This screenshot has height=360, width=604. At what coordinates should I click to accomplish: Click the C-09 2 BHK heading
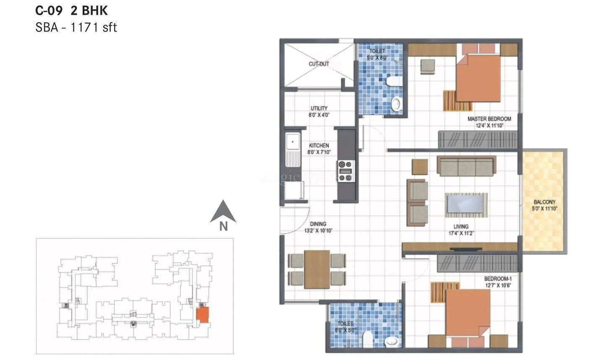pyautogui.click(x=71, y=10)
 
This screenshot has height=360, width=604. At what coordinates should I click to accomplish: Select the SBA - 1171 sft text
pyautogui.click(x=76, y=28)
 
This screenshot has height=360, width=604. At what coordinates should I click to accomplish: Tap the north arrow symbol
pyautogui.click(x=223, y=212)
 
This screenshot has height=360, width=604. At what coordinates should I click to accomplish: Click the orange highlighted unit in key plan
pyautogui.click(x=203, y=314)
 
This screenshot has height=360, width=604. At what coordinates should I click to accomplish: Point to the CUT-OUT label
pyautogui.click(x=319, y=64)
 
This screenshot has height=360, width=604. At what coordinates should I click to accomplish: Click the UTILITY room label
pyautogui.click(x=319, y=108)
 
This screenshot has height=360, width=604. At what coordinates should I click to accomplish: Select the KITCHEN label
pyautogui.click(x=319, y=146)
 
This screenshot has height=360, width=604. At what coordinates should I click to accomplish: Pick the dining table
pyautogui.click(x=317, y=269)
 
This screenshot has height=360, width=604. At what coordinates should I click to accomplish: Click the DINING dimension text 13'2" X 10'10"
pyautogui.click(x=318, y=231)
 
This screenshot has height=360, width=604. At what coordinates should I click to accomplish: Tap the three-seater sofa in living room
pyautogui.click(x=466, y=166)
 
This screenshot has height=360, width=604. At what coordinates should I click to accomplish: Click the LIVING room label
pyautogui.click(x=461, y=227)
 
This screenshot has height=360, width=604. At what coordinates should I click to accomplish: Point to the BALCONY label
pyautogui.click(x=544, y=202)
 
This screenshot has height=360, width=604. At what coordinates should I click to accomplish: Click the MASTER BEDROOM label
pyautogui.click(x=489, y=119)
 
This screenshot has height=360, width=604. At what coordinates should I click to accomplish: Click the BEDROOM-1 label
pyautogui.click(x=497, y=279)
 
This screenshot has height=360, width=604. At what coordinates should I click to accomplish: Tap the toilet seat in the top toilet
pyautogui.click(x=393, y=81)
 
